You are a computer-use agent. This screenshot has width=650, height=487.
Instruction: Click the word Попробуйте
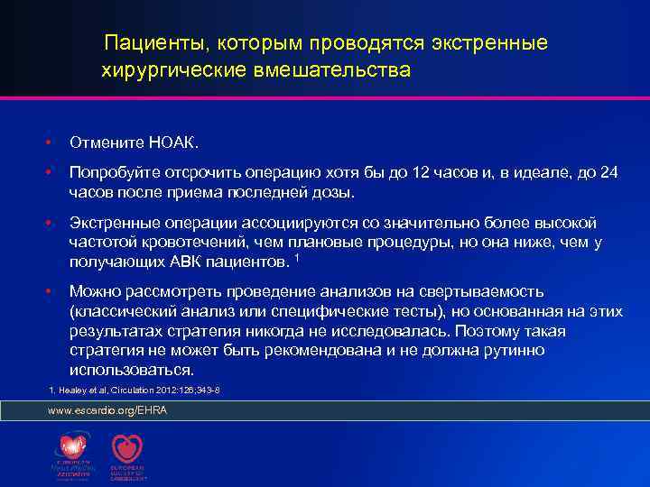point(116,173)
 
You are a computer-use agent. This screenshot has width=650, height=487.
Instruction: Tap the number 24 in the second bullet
point(609,173)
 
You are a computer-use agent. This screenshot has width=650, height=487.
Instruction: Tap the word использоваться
point(131,371)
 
